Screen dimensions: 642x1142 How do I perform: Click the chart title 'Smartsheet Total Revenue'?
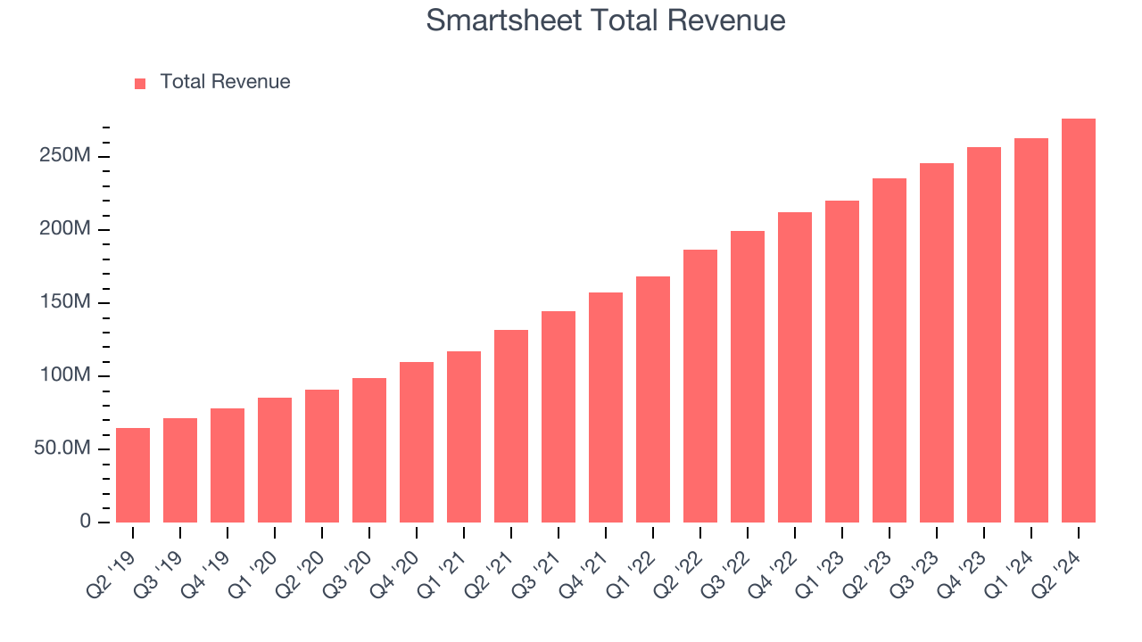click(606, 21)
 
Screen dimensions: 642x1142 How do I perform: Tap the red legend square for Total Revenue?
click(140, 83)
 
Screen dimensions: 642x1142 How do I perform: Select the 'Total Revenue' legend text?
click(225, 82)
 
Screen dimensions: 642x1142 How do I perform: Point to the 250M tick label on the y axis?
click(65, 157)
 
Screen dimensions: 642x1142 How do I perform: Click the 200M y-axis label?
click(65, 230)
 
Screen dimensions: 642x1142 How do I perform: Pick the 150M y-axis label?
click(65, 303)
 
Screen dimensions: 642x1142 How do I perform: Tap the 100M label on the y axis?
click(65, 375)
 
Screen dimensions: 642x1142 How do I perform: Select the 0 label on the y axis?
click(86, 522)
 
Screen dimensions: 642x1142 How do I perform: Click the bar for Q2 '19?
click(133, 475)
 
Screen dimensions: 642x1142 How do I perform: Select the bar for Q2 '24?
click(1078, 320)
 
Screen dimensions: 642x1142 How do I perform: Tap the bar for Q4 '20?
click(417, 442)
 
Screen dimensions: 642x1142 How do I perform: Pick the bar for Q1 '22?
click(653, 399)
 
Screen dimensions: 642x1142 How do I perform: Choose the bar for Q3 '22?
click(748, 376)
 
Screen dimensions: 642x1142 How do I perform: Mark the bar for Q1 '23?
click(842, 361)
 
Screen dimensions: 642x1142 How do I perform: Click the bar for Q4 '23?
click(983, 334)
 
